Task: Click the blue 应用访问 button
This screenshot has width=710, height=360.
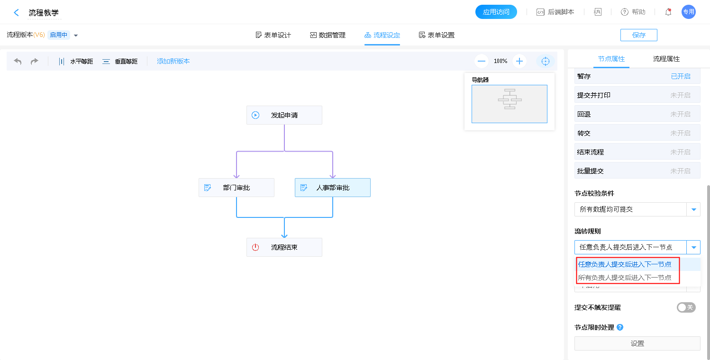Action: (496, 12)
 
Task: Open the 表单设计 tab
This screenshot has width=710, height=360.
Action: (273, 35)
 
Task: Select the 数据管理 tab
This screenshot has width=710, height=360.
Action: (328, 35)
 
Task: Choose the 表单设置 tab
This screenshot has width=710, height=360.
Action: (437, 35)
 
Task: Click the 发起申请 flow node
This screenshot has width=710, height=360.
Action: (284, 115)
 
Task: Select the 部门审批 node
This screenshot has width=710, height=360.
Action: (236, 188)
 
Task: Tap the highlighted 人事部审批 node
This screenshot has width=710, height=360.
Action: (332, 188)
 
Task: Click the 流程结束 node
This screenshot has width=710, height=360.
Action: (284, 247)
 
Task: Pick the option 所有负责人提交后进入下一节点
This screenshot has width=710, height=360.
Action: (624, 278)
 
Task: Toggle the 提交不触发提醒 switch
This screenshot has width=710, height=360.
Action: (686, 307)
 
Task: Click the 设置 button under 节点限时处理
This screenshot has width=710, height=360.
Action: (637, 343)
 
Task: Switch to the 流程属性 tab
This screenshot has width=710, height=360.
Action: (666, 59)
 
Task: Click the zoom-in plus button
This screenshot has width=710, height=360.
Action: (519, 61)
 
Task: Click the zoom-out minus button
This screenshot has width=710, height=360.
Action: (482, 61)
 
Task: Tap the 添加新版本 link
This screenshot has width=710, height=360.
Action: (173, 61)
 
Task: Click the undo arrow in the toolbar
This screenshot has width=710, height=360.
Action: (18, 61)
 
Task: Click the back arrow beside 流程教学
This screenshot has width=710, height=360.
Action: (17, 13)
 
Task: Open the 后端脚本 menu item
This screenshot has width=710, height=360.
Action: (555, 12)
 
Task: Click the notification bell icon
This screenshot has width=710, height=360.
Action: (668, 12)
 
